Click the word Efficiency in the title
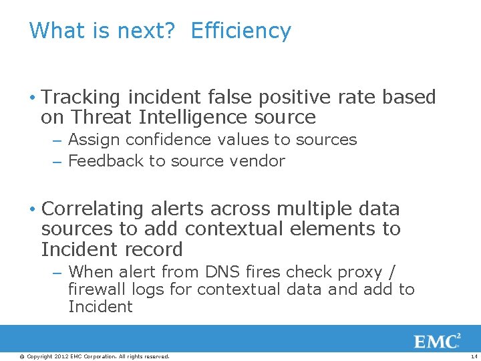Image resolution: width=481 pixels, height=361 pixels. (x=240, y=31)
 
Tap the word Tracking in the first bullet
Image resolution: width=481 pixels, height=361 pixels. (x=79, y=98)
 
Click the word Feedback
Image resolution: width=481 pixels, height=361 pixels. (x=100, y=161)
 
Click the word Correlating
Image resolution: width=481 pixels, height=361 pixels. (x=92, y=209)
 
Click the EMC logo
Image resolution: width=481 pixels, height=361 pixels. (x=437, y=342)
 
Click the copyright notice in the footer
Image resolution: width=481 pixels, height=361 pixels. (x=94, y=356)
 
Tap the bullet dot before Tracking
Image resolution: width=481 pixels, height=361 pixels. (x=33, y=98)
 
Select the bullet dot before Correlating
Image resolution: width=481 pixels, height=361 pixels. (x=33, y=210)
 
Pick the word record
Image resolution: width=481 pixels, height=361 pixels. (x=158, y=250)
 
